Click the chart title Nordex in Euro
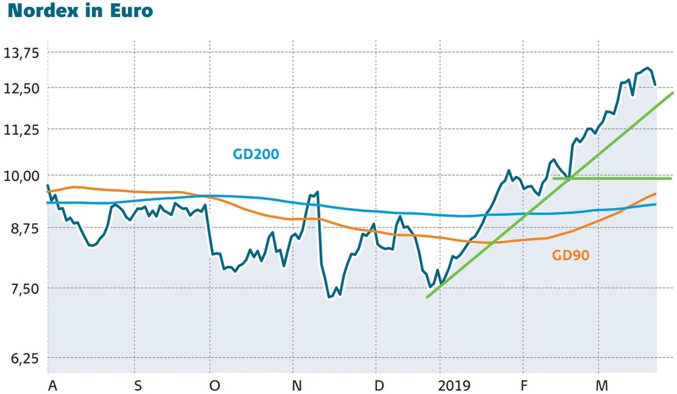tap(80, 12)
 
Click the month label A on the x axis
tap(52, 385)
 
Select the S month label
tap(138, 385)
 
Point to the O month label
tap(215, 385)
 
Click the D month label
tap(379, 385)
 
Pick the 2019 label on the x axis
tap(453, 385)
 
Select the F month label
tap(523, 385)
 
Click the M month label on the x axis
tap(600, 385)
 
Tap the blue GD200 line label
tap(256, 154)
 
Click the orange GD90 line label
tap(571, 255)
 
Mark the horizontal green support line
tap(609, 178)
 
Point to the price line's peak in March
tap(648, 68)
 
